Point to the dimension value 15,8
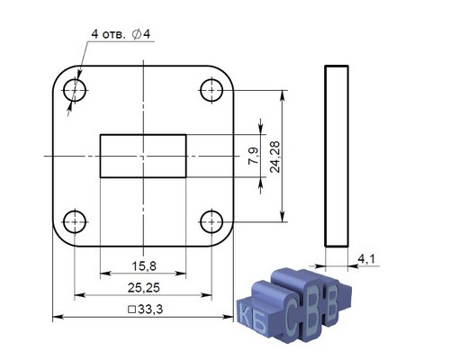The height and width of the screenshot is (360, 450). coord(144,265)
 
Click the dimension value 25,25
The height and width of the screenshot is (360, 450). coord(144,288)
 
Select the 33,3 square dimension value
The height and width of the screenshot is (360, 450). coord(150,310)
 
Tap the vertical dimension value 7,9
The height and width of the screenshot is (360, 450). coord(254,156)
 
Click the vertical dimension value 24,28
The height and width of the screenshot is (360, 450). coord(274,157)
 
